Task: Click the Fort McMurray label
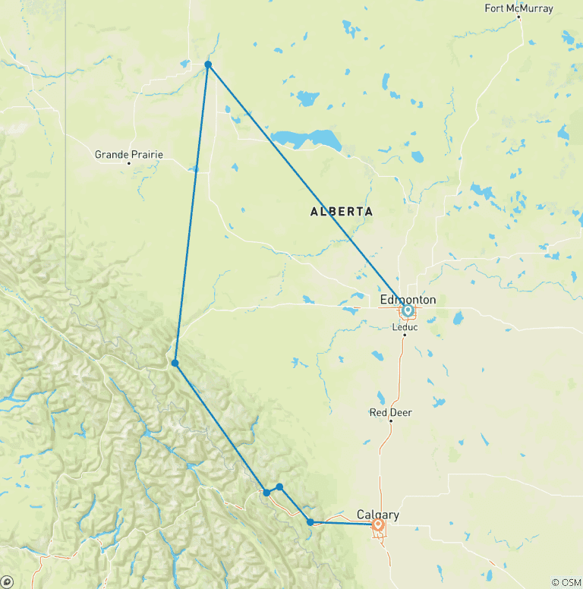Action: click(x=519, y=8)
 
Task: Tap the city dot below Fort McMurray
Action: click(x=519, y=17)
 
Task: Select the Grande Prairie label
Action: click(x=128, y=155)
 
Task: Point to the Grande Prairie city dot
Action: click(x=129, y=163)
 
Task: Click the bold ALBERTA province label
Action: click(x=342, y=212)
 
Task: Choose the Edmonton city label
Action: click(x=408, y=300)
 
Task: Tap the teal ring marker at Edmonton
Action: click(x=408, y=310)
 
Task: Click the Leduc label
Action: click(x=405, y=327)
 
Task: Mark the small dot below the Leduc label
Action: click(x=405, y=335)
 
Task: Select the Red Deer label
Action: click(x=390, y=412)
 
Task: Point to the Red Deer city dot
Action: click(x=390, y=420)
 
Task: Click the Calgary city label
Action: click(x=377, y=515)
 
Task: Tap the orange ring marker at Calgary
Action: click(x=378, y=524)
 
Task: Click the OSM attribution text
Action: click(x=566, y=582)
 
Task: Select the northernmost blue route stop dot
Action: click(x=208, y=65)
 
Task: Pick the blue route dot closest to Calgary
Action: click(x=310, y=521)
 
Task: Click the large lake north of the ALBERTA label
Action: click(x=307, y=140)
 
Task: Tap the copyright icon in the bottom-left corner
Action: click(x=7, y=581)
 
